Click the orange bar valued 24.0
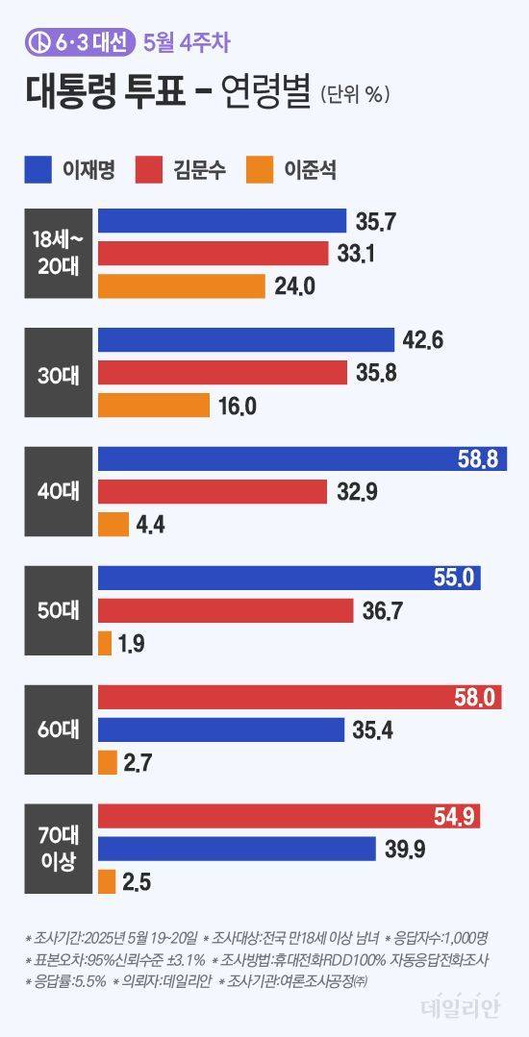pyautogui.click(x=181, y=285)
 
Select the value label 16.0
pyautogui.click(x=236, y=406)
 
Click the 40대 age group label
pyautogui.click(x=59, y=492)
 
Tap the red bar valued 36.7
pyautogui.click(x=225, y=611)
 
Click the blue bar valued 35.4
pyautogui.click(x=221, y=730)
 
